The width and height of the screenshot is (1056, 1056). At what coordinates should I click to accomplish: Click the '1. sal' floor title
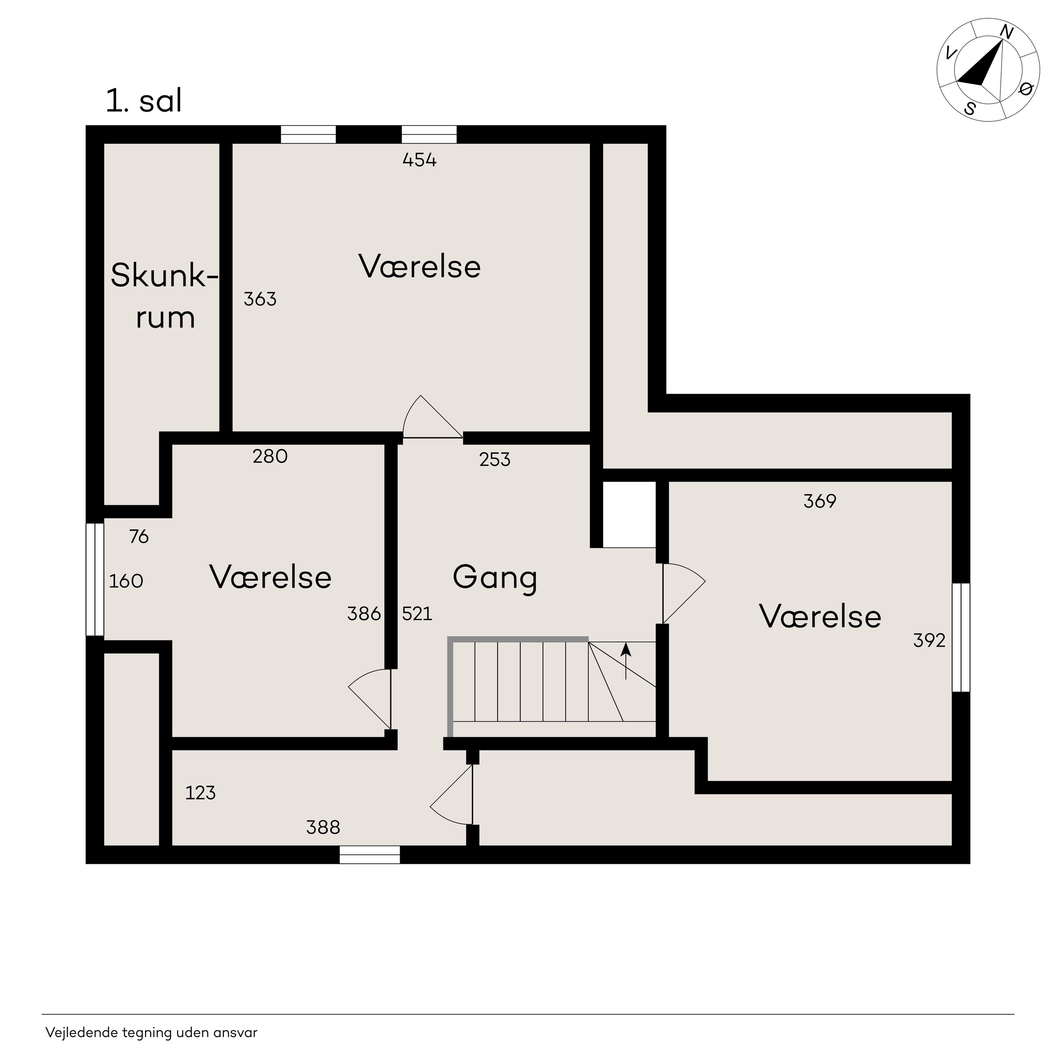tap(144, 101)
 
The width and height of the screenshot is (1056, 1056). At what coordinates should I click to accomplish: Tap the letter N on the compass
tap(1007, 33)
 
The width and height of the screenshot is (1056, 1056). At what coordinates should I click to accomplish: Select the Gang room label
tap(495, 578)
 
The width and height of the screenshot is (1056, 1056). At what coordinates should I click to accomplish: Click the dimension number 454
tap(419, 160)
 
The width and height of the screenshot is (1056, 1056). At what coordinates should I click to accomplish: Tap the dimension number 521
tap(417, 614)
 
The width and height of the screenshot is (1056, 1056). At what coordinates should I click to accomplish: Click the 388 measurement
tap(323, 827)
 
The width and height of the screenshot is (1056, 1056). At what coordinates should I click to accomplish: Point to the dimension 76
tap(139, 537)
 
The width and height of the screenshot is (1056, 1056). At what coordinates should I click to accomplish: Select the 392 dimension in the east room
tap(929, 640)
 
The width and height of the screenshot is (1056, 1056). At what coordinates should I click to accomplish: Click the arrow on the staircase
tap(626, 661)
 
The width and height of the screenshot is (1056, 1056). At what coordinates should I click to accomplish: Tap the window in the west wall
tap(95, 580)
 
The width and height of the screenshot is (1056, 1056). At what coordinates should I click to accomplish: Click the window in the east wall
tap(961, 637)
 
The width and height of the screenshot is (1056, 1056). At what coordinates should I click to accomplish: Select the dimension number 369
tap(820, 501)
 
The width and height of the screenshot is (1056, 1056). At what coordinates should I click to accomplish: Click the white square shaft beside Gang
tap(629, 514)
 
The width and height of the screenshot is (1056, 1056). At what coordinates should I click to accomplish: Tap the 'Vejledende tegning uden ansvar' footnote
tap(151, 1032)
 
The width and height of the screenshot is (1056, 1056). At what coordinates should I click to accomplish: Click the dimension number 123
tap(201, 792)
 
